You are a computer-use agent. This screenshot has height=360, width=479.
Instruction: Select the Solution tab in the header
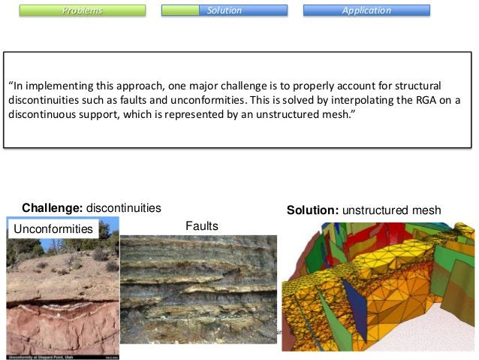click(x=224, y=11)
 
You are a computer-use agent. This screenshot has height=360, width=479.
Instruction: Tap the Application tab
click(x=366, y=11)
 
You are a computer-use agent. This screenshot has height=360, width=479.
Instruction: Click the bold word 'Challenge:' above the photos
click(x=53, y=207)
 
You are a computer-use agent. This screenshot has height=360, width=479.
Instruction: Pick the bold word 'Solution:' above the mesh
click(x=312, y=210)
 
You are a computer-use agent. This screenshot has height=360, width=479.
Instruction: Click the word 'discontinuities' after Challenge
click(x=125, y=207)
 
